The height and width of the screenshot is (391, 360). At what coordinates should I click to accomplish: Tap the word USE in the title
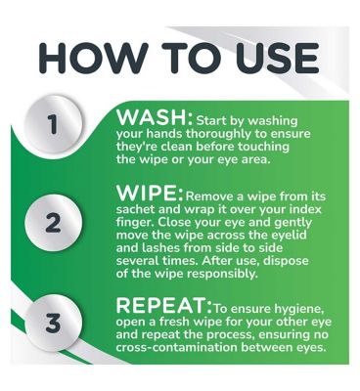tap(277, 59)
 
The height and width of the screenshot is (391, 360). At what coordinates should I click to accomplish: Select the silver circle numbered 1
tap(54, 124)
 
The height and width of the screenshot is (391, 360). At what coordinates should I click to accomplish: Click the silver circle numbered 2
tap(54, 223)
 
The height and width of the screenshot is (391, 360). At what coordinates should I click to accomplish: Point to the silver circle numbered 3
tap(54, 323)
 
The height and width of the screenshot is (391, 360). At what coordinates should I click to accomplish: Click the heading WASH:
tap(155, 117)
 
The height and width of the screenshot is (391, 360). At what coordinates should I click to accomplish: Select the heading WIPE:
tap(150, 194)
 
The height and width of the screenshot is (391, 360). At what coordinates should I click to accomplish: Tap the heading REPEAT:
tap(164, 305)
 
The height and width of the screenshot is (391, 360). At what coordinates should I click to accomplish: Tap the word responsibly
tap(222, 275)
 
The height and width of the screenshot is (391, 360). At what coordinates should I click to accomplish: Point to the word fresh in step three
tap(175, 322)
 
